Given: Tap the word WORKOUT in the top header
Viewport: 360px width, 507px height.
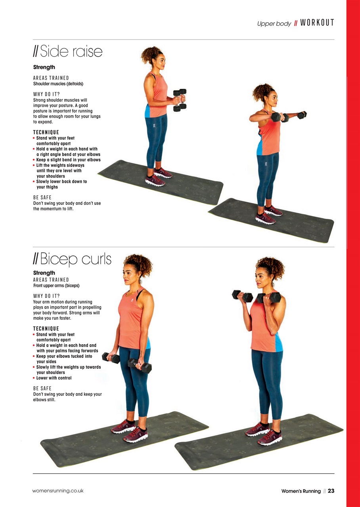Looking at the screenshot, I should coord(317,23).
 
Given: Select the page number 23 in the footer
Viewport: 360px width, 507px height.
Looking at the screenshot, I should coord(331,491).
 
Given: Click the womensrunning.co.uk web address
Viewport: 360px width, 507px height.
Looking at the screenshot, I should coord(58,491).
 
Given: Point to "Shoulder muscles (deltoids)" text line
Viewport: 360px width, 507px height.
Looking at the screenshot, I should coord(58,84).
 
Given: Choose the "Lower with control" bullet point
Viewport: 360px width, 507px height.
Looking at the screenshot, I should coord(54,378).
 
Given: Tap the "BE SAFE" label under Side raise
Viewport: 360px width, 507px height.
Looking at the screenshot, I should coord(42,197).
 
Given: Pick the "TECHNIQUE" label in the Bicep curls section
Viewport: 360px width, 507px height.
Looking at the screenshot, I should coord(46,329).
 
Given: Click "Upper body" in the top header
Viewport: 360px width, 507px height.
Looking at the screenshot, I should coord(274,24).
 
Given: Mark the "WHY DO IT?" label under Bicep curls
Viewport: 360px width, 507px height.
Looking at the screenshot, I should coord(46,296).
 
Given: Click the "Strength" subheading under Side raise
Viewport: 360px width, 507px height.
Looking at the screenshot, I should coord(44,67).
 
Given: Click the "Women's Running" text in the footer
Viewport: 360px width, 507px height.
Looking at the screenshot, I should coord(301,491).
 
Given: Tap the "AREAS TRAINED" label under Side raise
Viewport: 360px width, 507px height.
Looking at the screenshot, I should coord(51,78).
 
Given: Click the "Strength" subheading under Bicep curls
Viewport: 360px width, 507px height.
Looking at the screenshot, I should coord(44,273).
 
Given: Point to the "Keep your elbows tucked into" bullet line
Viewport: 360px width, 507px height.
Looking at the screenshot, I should coord(64,356).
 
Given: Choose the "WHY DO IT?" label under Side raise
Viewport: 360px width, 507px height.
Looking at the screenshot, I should coord(46,94).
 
